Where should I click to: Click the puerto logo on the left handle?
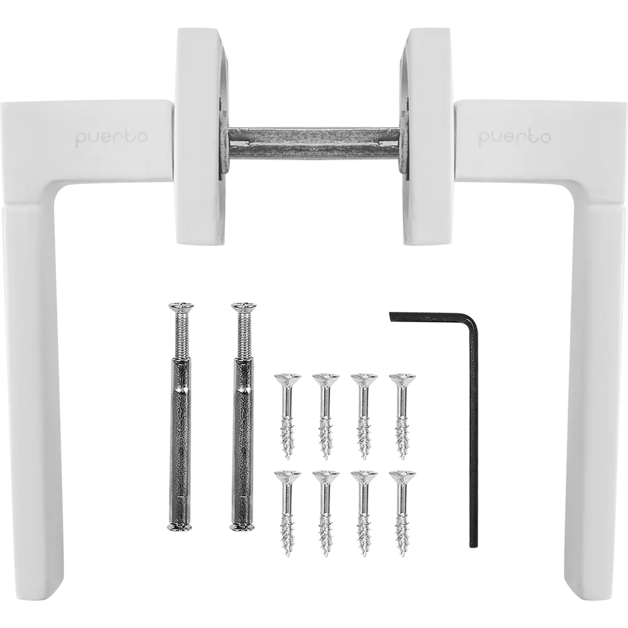(111, 138)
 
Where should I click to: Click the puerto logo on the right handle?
(515, 138)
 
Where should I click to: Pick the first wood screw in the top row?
(288, 416)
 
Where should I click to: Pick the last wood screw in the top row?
(403, 416)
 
